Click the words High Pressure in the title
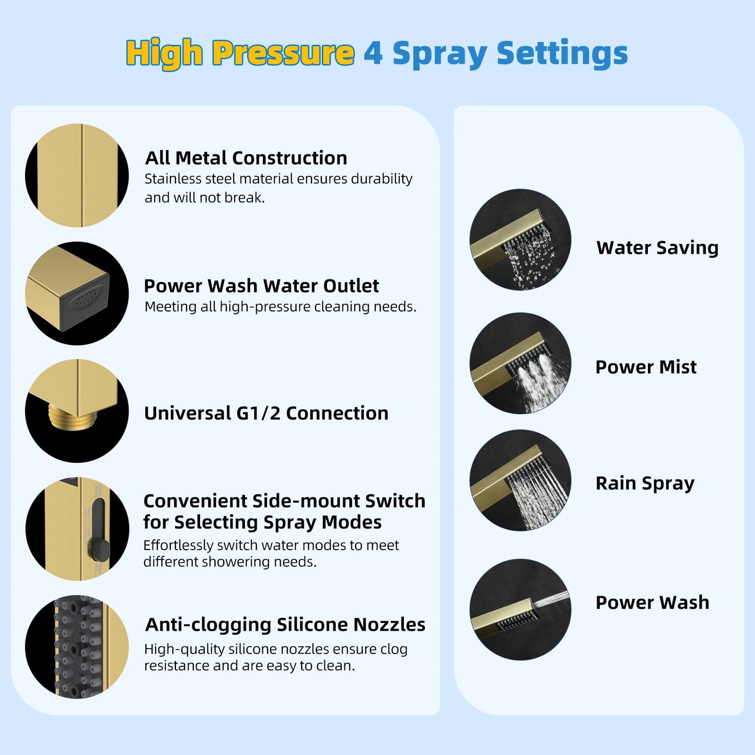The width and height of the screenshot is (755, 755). point(240,53)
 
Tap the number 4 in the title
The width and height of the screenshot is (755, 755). point(373,53)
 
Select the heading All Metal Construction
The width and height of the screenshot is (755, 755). point(246,158)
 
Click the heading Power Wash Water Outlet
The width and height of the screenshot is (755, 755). point(261,286)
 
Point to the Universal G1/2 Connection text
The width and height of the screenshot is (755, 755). point(266,413)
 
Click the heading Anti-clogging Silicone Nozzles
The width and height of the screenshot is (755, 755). point(285,624)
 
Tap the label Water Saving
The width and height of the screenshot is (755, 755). point(657,248)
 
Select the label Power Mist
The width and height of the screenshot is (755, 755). point(646,367)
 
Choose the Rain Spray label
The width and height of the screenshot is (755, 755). point(645,483)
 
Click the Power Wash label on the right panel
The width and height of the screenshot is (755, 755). point(652,602)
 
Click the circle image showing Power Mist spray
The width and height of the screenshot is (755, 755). point(520,364)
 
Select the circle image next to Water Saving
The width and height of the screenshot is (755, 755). point(520,240)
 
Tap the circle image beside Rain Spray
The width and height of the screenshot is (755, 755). point(520,481)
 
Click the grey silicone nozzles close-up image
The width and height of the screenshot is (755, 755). point(77,647)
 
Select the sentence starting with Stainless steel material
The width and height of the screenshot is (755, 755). point(278,188)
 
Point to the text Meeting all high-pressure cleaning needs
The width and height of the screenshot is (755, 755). point(280,307)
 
